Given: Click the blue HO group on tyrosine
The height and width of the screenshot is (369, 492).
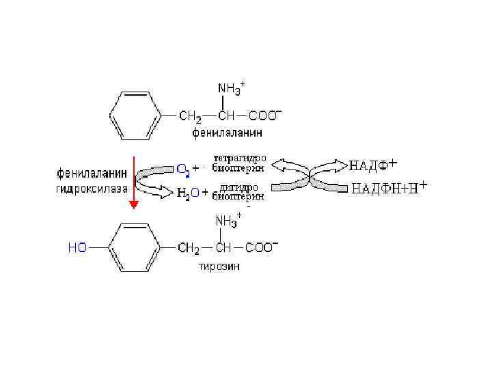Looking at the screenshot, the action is (77, 247).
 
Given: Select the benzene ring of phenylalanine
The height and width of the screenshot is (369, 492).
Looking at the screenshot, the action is (133, 114).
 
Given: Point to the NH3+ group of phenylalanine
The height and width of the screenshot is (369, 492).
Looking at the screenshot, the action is (231, 88).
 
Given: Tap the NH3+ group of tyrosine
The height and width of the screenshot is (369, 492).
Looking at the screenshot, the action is (228, 221).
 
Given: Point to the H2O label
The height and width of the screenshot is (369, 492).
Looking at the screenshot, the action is (189, 193).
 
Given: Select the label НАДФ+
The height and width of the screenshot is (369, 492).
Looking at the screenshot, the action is (373, 165).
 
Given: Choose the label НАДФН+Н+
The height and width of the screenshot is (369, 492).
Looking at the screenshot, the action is (389, 188).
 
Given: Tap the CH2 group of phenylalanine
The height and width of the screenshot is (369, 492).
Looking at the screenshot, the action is (189, 115).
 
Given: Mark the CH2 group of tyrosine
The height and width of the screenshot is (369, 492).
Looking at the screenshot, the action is (189, 247).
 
